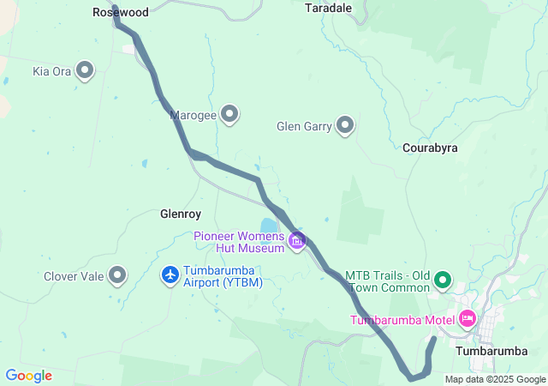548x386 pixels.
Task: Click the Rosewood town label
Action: click(x=121, y=13)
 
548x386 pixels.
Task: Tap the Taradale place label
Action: click(x=329, y=7)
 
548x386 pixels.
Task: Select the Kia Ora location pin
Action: click(x=85, y=70)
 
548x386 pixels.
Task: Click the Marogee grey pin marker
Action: click(x=229, y=113)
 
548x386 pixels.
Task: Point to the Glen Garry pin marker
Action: click(x=345, y=126)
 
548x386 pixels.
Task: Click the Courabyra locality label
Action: click(x=430, y=148)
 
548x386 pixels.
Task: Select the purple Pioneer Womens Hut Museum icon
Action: click(x=297, y=241)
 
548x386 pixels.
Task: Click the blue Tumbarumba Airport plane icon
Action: click(x=170, y=274)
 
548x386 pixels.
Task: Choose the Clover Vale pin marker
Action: click(x=117, y=275)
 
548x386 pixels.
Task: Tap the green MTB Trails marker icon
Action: click(x=443, y=280)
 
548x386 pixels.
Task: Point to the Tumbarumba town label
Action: click(x=491, y=351)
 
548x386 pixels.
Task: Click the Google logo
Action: click(x=28, y=376)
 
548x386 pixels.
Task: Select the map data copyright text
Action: click(x=495, y=379)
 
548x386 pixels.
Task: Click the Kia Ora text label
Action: click(x=51, y=71)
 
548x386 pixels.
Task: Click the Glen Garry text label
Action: click(x=303, y=127)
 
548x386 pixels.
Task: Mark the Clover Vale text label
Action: click(x=74, y=276)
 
